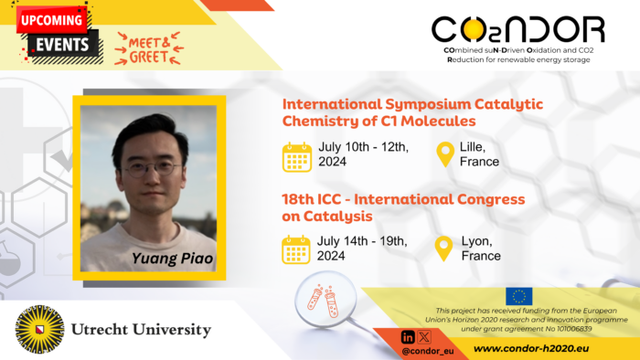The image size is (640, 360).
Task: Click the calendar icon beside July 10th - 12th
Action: tap(297, 156)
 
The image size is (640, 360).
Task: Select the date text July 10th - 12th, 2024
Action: tap(363, 154)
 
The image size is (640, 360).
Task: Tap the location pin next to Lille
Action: tap(445, 154)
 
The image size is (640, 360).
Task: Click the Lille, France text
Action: tap(479, 154)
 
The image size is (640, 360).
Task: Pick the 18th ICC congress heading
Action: tap(404, 206)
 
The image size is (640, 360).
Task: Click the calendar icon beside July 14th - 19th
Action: tap(297, 249)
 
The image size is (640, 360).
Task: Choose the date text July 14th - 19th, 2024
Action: tap(363, 249)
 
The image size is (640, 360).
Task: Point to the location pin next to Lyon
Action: tap(445, 249)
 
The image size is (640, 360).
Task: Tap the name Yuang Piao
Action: tap(172, 259)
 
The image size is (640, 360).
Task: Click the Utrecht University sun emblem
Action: tap(40, 330)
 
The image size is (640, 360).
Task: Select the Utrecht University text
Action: tap(142, 330)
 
